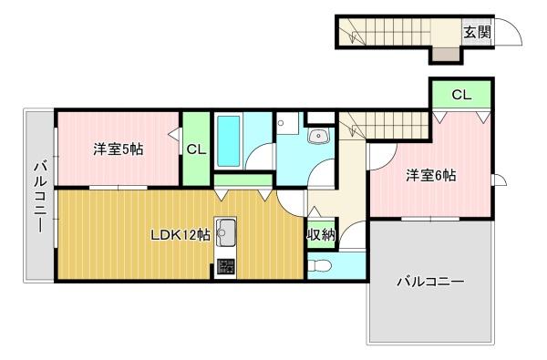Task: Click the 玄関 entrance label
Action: coord(477,33)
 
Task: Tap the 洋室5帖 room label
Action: coord(118,149)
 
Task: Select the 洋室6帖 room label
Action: coord(430,175)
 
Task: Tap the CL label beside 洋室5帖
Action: coord(195,149)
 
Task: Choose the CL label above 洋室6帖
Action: coord(460,95)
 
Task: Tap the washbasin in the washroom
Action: coord(318,137)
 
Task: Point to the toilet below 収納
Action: coord(316,266)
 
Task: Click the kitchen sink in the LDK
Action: coord(225,233)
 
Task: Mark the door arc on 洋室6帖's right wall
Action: coord(500,180)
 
